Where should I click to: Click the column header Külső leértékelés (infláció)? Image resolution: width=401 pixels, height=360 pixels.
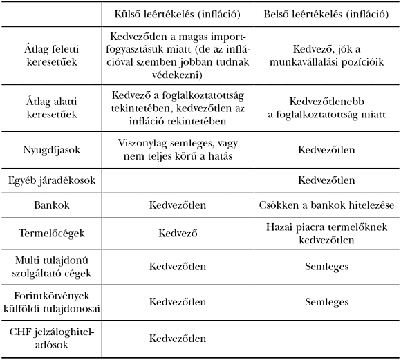[178, 13]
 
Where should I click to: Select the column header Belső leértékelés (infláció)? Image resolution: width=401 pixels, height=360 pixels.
[326, 13]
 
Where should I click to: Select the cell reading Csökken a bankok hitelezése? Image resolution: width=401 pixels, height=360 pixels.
[326, 205]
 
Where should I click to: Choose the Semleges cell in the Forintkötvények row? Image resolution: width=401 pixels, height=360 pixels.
[326, 302]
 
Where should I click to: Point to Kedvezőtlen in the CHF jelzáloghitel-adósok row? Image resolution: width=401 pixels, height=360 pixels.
[178, 339]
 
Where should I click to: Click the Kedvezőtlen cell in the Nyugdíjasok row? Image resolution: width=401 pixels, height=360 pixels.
[326, 149]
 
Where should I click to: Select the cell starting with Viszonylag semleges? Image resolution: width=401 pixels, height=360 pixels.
[178, 149]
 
